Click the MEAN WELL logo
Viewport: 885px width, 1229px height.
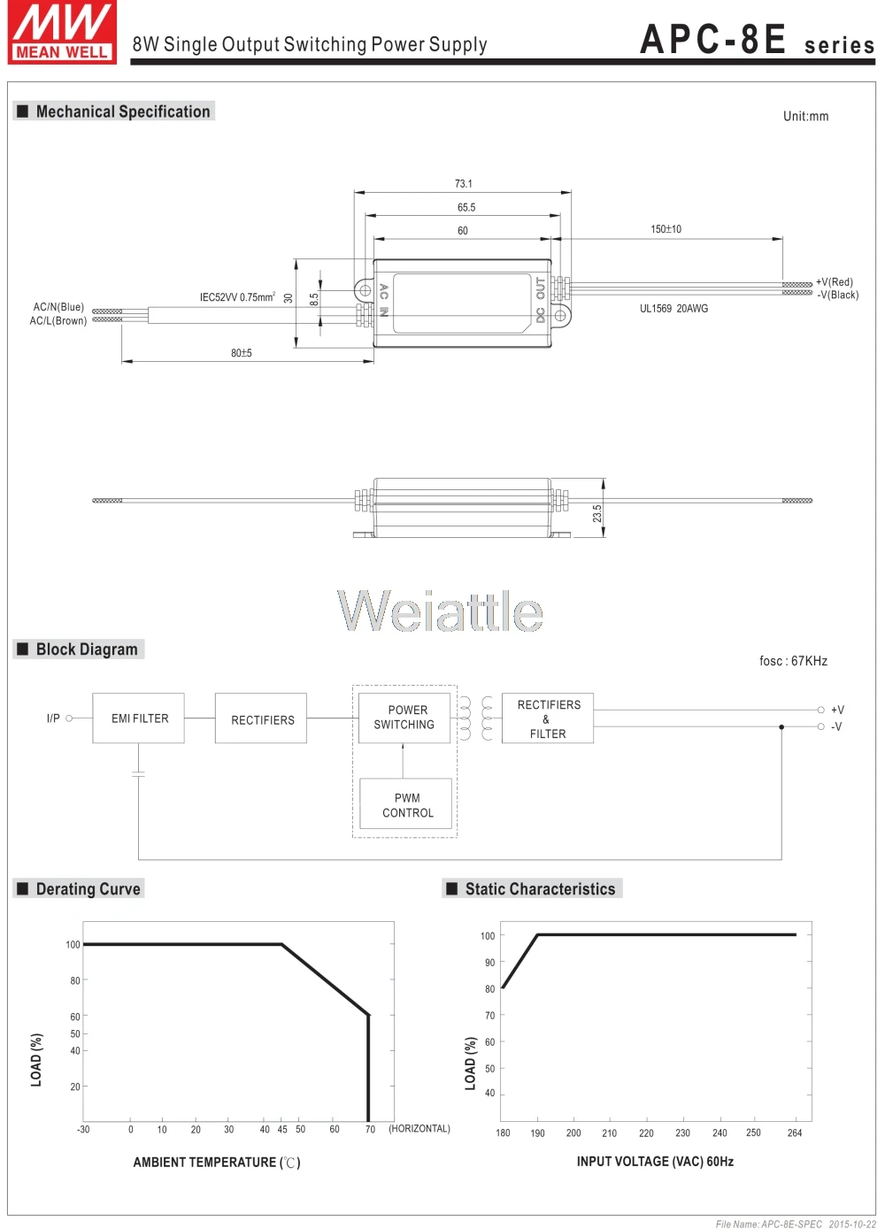point(62,33)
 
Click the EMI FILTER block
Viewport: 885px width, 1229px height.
point(139,718)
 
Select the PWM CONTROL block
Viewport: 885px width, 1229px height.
point(408,804)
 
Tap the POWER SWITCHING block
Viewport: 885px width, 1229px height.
point(404,717)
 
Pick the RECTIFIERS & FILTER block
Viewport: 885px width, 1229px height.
point(548,718)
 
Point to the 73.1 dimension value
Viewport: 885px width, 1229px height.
point(464,184)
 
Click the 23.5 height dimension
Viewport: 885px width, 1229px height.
point(597,512)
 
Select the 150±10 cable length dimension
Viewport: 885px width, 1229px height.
point(666,229)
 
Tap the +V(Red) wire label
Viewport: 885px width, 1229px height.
point(835,282)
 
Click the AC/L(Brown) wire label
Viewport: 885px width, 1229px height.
point(58,321)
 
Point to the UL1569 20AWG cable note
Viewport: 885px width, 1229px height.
point(673,309)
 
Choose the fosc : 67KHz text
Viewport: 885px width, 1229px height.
point(793,661)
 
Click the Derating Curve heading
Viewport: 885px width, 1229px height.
point(88,889)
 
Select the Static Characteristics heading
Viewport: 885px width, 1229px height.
point(540,889)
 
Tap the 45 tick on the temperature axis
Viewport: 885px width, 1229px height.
point(282,1129)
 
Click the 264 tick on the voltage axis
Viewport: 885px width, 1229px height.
point(795,1133)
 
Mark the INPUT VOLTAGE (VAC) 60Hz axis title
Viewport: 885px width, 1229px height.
point(655,1162)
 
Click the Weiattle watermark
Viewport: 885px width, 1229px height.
point(440,611)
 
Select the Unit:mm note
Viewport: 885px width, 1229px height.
point(805,116)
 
